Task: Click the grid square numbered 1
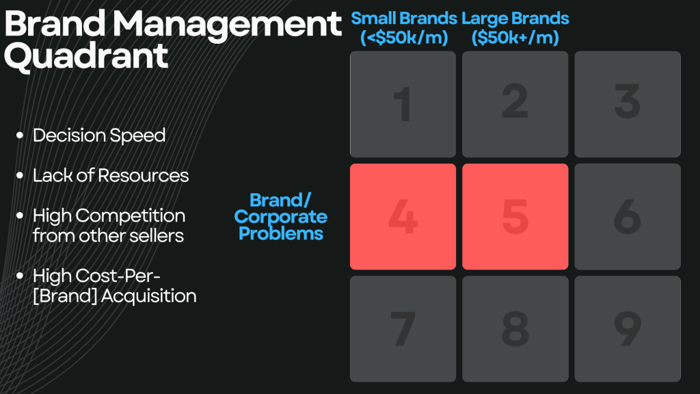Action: point(403,104)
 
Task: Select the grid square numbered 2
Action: point(515,104)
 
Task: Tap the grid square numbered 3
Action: point(628,104)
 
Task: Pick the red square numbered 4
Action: point(403,217)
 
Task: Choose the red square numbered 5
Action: point(515,217)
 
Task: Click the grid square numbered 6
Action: point(628,217)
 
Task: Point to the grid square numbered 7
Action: point(403,329)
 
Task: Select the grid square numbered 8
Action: point(515,329)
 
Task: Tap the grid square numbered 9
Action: point(628,329)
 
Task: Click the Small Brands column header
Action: point(404,27)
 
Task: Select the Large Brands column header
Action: point(515,27)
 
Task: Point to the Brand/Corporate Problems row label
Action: point(281,217)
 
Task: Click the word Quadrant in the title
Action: point(86,56)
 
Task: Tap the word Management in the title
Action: point(227,25)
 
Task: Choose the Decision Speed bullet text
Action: point(99,135)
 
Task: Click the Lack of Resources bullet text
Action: point(111,176)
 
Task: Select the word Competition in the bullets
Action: point(131,216)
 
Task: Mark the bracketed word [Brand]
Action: point(65,296)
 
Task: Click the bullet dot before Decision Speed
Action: point(20,135)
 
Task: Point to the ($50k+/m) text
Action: point(515,38)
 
